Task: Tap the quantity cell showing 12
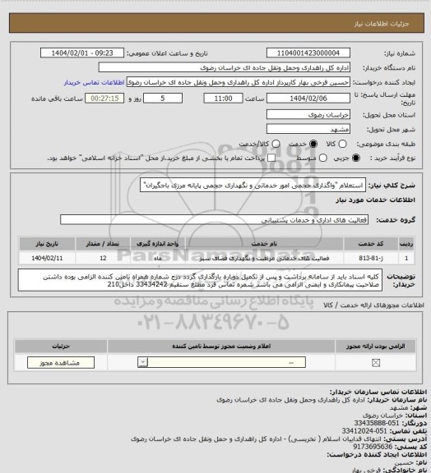[101, 257]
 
